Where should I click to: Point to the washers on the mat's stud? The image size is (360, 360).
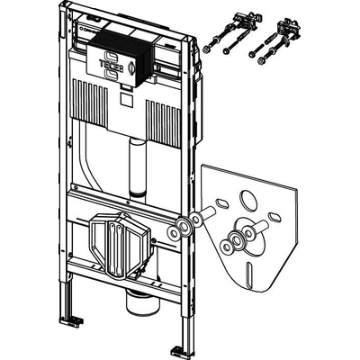pyautogui.click(x=236, y=238)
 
